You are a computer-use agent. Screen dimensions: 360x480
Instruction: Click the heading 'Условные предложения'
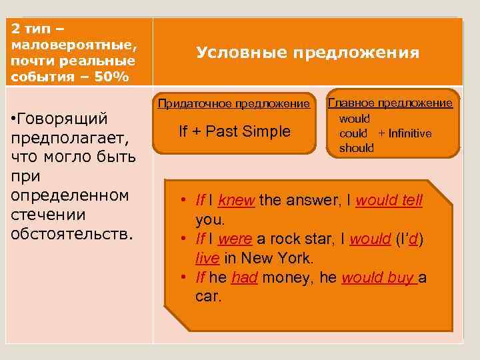tap(307, 53)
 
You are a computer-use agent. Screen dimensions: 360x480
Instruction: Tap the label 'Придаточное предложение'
tap(233, 103)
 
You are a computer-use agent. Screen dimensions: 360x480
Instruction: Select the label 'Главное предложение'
tap(391, 103)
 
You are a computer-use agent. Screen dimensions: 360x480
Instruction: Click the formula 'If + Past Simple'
tap(235, 131)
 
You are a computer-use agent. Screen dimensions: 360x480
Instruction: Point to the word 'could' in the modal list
tap(353, 133)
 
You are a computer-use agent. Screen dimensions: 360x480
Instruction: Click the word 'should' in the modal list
tap(356, 148)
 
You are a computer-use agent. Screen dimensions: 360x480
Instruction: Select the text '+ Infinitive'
tap(405, 133)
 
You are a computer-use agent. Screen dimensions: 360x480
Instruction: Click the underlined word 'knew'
tap(236, 201)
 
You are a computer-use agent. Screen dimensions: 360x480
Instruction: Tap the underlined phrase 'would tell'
tap(389, 201)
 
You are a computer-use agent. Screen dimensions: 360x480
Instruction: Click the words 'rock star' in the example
tap(295, 239)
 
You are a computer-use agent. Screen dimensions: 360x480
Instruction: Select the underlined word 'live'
tap(207, 257)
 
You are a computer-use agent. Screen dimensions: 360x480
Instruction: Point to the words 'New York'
tap(280, 257)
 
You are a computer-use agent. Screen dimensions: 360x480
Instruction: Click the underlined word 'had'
tap(244, 277)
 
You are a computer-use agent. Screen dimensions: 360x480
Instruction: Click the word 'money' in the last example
tap(285, 277)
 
